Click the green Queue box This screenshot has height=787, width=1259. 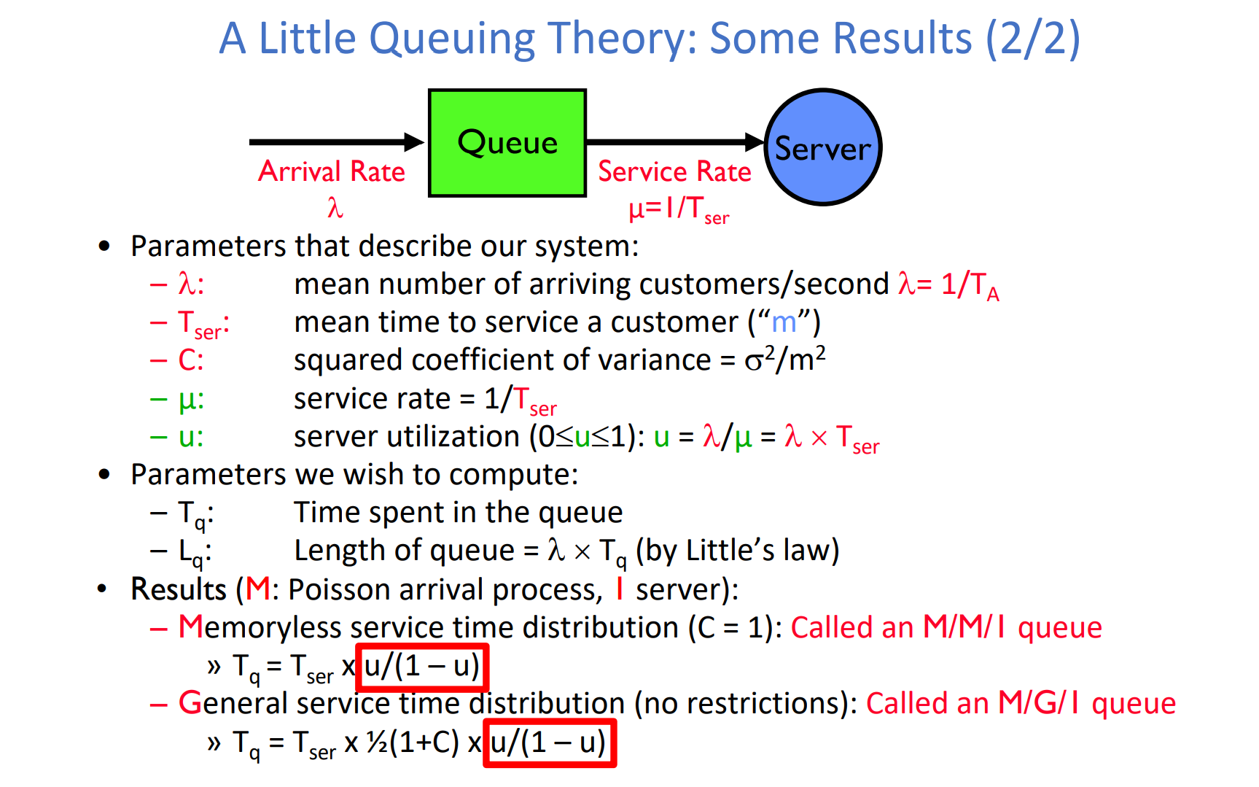[x=507, y=143]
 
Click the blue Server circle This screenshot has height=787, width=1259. [x=823, y=147]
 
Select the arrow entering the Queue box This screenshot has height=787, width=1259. [x=337, y=141]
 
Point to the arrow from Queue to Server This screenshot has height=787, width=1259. [x=676, y=141]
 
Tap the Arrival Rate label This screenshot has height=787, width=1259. [x=332, y=171]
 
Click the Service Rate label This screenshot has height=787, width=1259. [x=674, y=171]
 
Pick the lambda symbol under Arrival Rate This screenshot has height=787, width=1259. [x=335, y=208]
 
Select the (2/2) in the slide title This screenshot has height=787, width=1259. [x=1033, y=39]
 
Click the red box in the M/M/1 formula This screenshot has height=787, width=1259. [x=422, y=667]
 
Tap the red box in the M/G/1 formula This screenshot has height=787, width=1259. [x=550, y=743]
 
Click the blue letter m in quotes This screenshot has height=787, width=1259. [x=784, y=322]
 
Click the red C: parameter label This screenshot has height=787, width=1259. [x=191, y=360]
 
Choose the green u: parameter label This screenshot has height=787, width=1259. [x=191, y=437]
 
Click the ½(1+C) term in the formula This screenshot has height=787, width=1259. [x=413, y=743]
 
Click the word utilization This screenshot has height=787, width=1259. [x=456, y=436]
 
